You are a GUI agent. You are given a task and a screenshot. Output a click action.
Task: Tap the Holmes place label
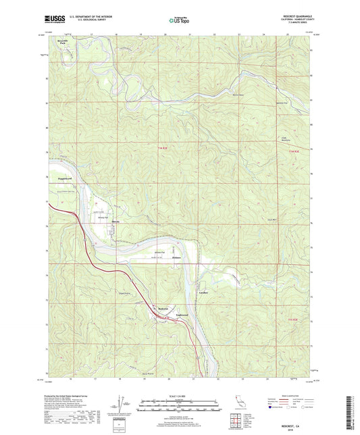[x=176, y=258]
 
